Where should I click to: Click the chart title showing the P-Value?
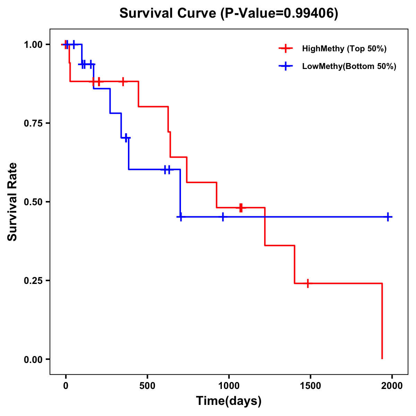(x=228, y=13)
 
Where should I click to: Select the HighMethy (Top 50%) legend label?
(x=344, y=49)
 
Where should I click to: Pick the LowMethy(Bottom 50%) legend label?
(x=349, y=66)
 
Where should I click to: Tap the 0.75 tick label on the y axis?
(x=33, y=123)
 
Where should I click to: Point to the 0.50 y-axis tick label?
(x=33, y=202)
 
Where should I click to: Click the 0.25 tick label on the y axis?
(x=33, y=280)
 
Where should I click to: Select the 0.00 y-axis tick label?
(x=33, y=359)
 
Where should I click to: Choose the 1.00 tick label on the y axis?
(x=33, y=44)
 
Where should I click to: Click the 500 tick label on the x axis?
(x=147, y=386)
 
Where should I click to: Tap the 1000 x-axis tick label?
(x=229, y=386)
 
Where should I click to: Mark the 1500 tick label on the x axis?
(x=310, y=386)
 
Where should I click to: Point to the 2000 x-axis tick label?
(x=392, y=386)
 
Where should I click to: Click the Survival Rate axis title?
(x=12, y=202)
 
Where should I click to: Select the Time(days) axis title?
(x=229, y=401)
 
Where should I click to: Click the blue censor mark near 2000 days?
(x=388, y=217)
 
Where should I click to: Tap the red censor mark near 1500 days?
(x=307, y=283)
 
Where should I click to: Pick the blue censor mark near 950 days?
(x=223, y=217)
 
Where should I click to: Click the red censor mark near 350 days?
(x=123, y=81)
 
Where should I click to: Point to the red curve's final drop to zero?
(x=382, y=322)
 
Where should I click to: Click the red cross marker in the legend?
(x=285, y=49)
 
